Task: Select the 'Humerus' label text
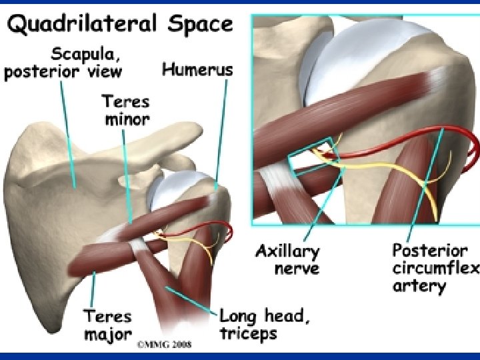click(x=197, y=69)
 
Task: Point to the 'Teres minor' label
click(x=126, y=111)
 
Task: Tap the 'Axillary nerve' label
click(x=287, y=260)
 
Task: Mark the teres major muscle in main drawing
click(x=100, y=257)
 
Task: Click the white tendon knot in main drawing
click(x=139, y=246)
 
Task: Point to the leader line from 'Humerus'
click(x=222, y=133)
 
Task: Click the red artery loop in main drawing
click(x=227, y=230)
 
